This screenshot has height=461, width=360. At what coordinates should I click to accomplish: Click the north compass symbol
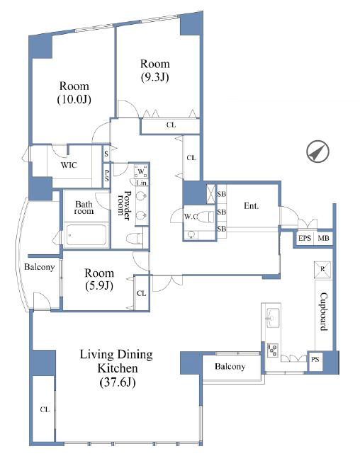click(x=317, y=152)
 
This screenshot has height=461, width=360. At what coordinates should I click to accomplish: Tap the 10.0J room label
click(x=74, y=93)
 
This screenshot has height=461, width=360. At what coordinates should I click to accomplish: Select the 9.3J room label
click(x=155, y=70)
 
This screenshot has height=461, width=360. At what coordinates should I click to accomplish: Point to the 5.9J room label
click(x=99, y=279)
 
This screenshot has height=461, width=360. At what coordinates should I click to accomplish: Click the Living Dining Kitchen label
click(x=117, y=368)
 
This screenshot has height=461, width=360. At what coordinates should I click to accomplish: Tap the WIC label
click(x=69, y=165)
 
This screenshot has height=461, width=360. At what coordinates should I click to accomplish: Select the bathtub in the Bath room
click(x=86, y=234)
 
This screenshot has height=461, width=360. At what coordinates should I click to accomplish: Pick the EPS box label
click(x=305, y=238)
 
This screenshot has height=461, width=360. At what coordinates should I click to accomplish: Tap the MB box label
click(x=323, y=238)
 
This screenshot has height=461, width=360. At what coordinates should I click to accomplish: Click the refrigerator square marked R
click(x=322, y=269)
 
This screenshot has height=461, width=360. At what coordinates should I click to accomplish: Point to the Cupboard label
click(x=324, y=312)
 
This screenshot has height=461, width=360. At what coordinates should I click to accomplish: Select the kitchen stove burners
click(x=273, y=350)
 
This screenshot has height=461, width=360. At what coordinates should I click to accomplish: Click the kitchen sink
click(x=273, y=317)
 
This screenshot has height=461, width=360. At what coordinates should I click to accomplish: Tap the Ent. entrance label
click(x=251, y=206)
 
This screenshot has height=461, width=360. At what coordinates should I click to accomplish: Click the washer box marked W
click(x=141, y=171)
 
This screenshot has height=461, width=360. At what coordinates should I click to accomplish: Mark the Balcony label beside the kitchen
click(x=230, y=366)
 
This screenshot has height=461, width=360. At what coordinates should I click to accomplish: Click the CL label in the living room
click(x=45, y=409)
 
